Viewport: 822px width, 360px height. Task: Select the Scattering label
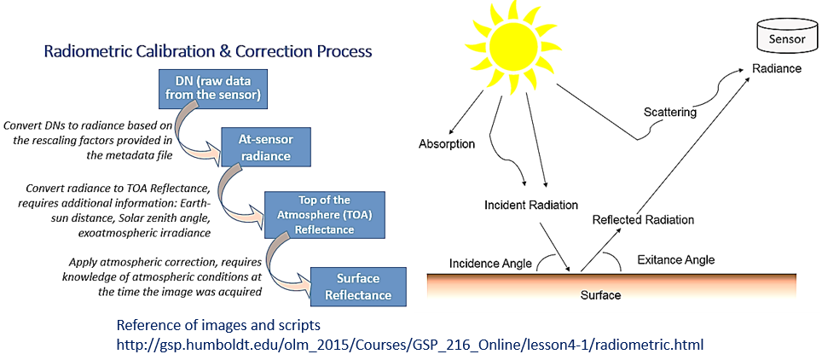[x=669, y=113]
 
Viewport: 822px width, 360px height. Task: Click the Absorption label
[x=446, y=144]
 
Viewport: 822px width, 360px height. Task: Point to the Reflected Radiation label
[x=642, y=220]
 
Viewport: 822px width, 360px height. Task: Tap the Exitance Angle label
[x=676, y=259]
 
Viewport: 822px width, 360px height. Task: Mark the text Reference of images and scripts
[x=220, y=326]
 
